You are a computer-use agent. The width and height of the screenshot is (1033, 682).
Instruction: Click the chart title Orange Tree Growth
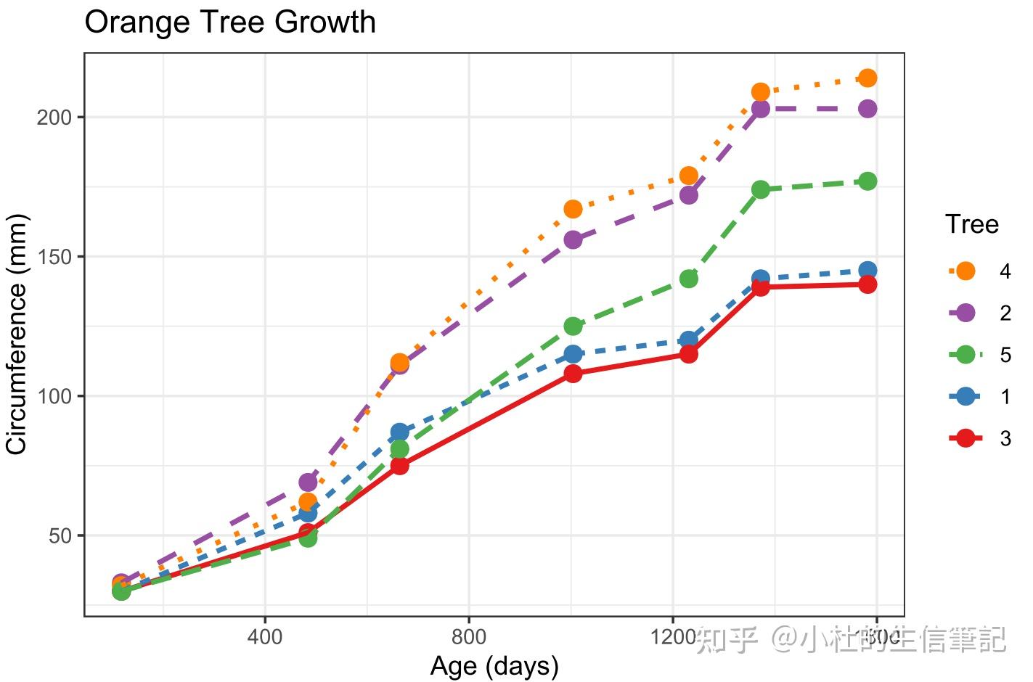click(x=230, y=22)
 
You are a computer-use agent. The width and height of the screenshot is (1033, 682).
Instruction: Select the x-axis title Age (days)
click(x=494, y=665)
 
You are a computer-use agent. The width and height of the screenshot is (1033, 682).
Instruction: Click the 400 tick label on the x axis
click(x=265, y=637)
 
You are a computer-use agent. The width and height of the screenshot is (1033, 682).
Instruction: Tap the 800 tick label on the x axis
click(x=469, y=637)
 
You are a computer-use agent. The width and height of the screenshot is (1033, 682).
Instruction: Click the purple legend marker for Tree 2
click(x=965, y=313)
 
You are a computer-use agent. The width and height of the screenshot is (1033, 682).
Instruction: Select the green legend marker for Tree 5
click(x=965, y=355)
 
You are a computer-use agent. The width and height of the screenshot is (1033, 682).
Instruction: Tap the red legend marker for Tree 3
click(x=965, y=438)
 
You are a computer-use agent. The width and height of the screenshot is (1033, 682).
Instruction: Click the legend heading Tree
click(x=971, y=225)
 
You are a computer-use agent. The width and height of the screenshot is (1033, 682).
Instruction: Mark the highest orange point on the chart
click(x=867, y=78)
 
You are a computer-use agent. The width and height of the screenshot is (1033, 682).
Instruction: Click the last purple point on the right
click(x=867, y=109)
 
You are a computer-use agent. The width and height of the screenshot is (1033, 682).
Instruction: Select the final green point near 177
click(x=867, y=181)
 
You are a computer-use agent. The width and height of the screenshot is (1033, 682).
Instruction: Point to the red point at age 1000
click(x=573, y=374)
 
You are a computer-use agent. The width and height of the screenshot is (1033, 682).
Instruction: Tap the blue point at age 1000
click(x=573, y=354)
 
